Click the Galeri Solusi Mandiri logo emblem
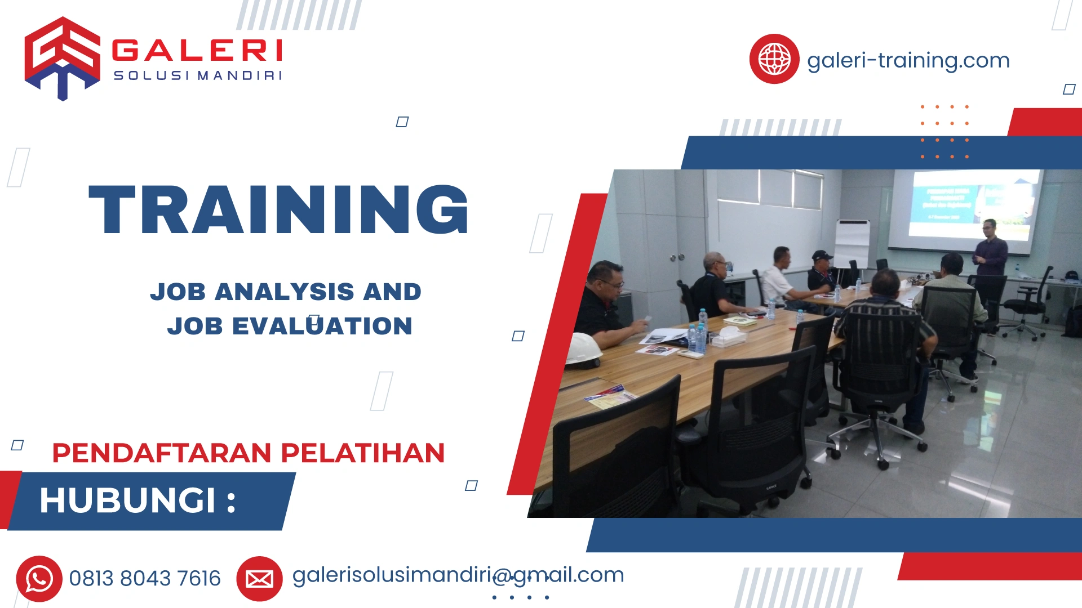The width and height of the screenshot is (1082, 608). point(62,58)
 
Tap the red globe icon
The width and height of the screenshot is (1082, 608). point(774,59)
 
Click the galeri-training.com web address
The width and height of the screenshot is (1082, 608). point(908,60)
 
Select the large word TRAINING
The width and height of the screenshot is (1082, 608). point(278,209)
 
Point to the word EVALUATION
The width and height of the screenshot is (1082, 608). point(322,326)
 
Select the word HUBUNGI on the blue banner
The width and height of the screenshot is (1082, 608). point(128,500)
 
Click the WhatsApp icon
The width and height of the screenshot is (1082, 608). point(39,578)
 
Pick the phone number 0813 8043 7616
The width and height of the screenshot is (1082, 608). point(145,578)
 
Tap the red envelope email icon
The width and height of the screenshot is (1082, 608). point(259,578)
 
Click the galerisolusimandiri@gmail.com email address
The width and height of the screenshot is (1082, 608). point(458,575)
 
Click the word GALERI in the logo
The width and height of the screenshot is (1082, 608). point(197,51)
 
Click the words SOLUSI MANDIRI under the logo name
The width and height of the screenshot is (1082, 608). point(197,75)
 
